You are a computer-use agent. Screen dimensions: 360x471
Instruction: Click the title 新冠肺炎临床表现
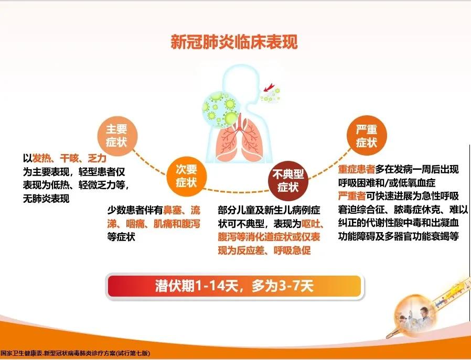(234, 42)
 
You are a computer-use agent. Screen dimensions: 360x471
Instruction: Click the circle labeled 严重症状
(367, 135)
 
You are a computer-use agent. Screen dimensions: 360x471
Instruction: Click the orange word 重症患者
(356, 170)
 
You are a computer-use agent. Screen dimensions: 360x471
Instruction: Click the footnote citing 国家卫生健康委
(75, 354)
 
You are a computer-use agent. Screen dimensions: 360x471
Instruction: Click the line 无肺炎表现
(46, 199)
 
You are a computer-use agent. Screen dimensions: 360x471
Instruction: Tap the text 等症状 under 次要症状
(121, 237)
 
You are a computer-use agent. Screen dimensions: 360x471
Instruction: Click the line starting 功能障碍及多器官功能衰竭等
(399, 236)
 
